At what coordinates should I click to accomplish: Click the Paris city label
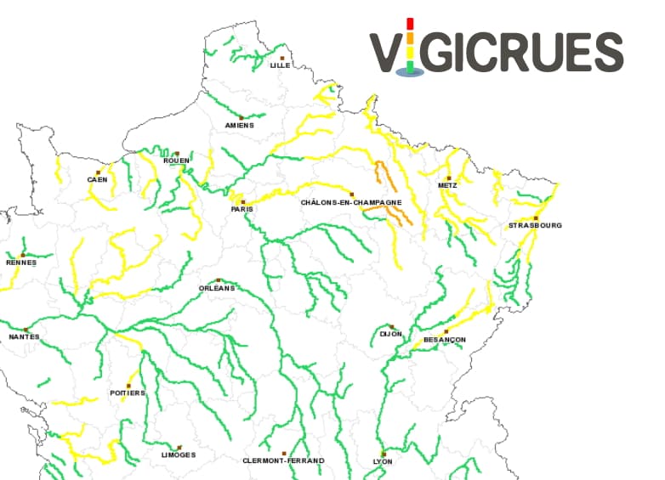click(x=242, y=208)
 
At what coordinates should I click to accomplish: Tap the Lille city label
click(x=280, y=65)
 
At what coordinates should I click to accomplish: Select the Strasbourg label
click(x=535, y=225)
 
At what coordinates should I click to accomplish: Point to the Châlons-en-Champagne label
click(x=351, y=203)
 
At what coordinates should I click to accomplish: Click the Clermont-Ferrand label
click(x=283, y=460)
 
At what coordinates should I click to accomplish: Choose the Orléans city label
click(x=216, y=288)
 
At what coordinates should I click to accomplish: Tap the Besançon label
click(x=444, y=340)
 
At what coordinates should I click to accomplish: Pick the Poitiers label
click(x=128, y=393)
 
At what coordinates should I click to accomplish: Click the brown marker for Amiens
click(x=242, y=117)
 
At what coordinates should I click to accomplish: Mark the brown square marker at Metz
click(x=449, y=178)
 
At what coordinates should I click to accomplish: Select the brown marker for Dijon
click(x=391, y=326)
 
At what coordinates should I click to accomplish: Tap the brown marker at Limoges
click(x=179, y=447)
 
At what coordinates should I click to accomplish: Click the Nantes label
click(x=25, y=337)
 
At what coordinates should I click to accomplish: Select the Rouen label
click(x=176, y=161)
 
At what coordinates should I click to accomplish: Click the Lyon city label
click(x=383, y=461)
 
